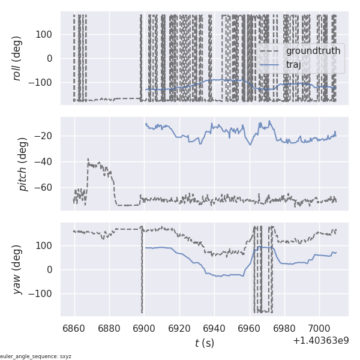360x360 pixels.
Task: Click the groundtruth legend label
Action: [x=313, y=51]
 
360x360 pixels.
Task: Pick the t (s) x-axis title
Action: [x=204, y=343]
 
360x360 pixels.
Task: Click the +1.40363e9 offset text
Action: [x=320, y=341]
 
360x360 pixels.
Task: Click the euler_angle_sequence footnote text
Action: [x=36, y=356]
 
